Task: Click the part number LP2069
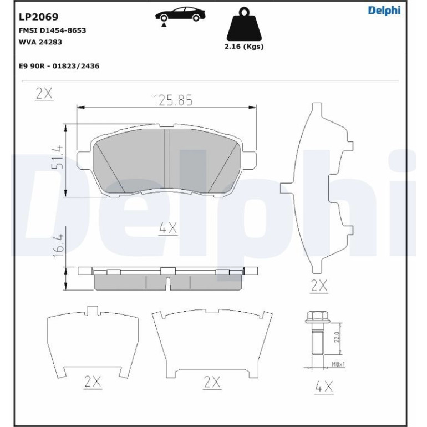tap(38, 17)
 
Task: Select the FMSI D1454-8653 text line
tap(52, 30)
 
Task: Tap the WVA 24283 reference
tap(40, 42)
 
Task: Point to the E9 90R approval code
tap(59, 66)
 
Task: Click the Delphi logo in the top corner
tap(384, 11)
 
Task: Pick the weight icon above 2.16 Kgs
tap(244, 24)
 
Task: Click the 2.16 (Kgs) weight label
tap(244, 47)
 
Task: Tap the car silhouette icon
tap(180, 14)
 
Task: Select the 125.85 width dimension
tap(173, 100)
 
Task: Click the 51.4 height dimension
tap(58, 157)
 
